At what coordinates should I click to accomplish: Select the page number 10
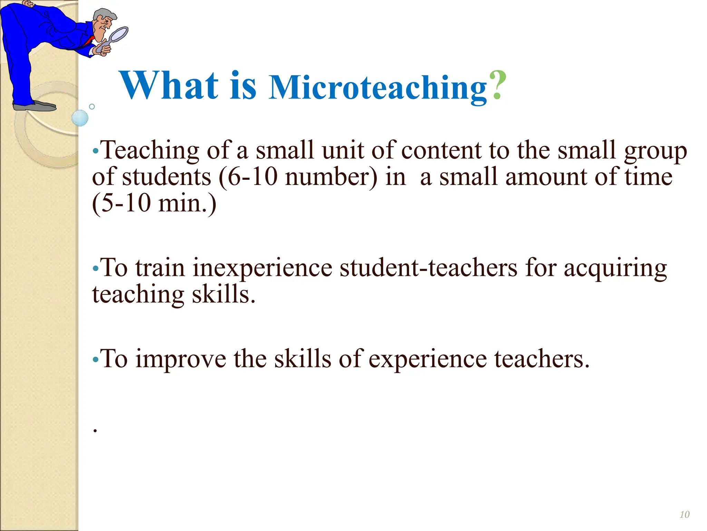click(x=685, y=515)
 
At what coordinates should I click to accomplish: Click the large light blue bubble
click(x=80, y=118)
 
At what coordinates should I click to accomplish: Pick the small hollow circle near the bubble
click(x=92, y=106)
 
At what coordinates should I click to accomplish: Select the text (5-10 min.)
click(x=154, y=203)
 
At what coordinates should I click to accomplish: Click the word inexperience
click(x=262, y=268)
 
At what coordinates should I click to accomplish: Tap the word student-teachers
click(x=428, y=268)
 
